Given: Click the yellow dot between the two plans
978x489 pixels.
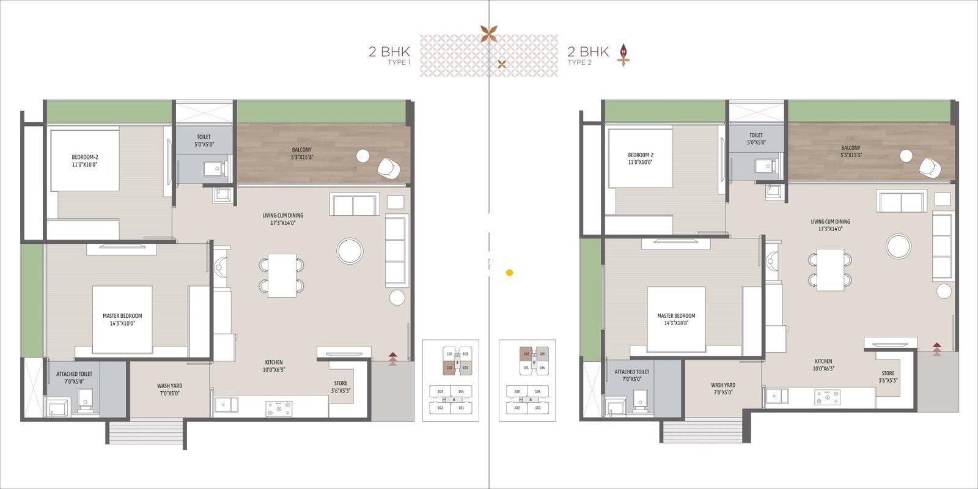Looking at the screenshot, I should click(510, 273).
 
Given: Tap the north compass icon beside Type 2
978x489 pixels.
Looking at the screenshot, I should click(623, 54).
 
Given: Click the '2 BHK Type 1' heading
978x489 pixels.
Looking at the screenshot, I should click(389, 54).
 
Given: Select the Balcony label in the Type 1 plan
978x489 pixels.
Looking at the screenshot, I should click(301, 153).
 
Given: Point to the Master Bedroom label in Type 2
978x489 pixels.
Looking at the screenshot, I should click(676, 319).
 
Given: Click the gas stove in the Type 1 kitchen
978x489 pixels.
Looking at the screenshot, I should click(279, 408).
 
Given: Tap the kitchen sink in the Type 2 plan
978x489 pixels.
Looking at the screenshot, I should click(778, 396).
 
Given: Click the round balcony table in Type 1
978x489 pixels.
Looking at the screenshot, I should click(363, 156).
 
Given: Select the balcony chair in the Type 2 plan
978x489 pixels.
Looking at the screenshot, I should click(930, 167).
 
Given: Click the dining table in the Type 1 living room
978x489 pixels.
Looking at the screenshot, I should click(282, 276).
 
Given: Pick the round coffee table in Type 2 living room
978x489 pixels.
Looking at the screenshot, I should click(899, 246).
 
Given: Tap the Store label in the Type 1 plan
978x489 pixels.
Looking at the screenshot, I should click(340, 387).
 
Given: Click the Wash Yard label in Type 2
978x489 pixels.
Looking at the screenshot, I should click(723, 389).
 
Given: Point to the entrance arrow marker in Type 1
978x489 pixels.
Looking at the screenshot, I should click(393, 358).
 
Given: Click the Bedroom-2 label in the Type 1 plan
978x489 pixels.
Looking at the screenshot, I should click(85, 161).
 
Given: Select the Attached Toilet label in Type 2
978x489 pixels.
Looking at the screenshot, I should click(632, 375).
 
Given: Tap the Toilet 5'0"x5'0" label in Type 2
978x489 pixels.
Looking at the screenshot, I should click(756, 139).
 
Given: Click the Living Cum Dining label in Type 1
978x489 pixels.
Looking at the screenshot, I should click(283, 219).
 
